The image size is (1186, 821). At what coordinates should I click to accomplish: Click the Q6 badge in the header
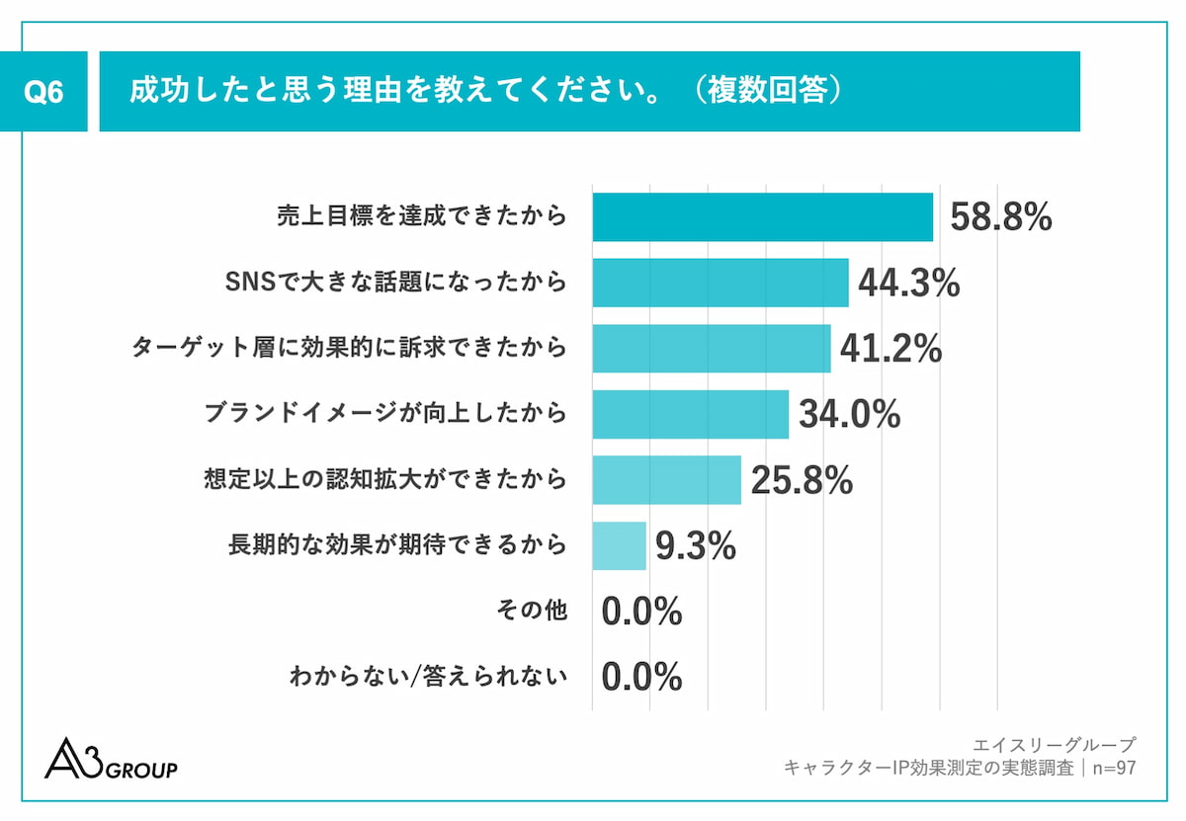(43, 92)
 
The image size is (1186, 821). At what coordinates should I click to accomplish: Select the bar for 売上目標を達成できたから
(762, 217)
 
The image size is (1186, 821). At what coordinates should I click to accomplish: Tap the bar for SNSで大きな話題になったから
(720, 283)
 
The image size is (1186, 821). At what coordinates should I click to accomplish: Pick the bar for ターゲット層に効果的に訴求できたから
(711, 349)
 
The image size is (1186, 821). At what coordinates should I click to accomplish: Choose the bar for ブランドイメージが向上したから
(690, 414)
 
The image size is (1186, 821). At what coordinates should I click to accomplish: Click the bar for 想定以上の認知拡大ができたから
(666, 480)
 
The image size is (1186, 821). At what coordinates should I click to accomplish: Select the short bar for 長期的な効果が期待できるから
(619, 546)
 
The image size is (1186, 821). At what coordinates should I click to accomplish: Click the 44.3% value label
(908, 284)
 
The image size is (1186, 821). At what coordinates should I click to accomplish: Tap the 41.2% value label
(890, 349)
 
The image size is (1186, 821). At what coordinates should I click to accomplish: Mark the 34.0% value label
(849, 415)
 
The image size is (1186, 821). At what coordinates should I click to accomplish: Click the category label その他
(531, 612)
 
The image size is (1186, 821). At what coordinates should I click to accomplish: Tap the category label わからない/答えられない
(428, 677)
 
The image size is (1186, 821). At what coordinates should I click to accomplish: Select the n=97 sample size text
(1110, 768)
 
